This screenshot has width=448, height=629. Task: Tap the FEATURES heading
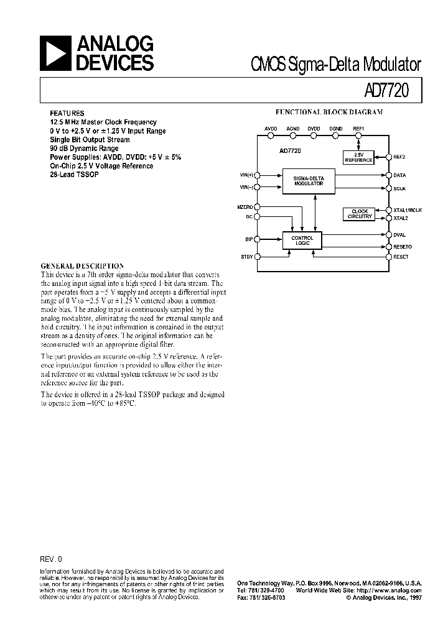(67, 114)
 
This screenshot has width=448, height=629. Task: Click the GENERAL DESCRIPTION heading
(82, 265)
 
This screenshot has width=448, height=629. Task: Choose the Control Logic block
(302, 240)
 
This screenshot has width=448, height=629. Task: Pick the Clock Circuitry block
(360, 214)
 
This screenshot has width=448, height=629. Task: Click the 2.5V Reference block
(359, 157)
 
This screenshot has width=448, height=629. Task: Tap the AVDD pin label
(271, 128)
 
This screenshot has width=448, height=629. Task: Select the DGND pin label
(336, 128)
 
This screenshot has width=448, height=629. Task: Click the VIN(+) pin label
(247, 176)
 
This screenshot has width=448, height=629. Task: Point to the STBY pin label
(248, 256)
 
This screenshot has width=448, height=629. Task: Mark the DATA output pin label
(400, 176)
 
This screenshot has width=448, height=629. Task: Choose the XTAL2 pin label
(401, 219)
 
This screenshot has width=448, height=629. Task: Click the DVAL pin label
(400, 235)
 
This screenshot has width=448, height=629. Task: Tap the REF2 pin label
(400, 157)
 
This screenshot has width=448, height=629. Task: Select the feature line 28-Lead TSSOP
(74, 175)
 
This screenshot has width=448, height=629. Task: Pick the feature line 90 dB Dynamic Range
(84, 149)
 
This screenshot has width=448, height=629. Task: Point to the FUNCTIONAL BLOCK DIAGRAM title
(329, 112)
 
